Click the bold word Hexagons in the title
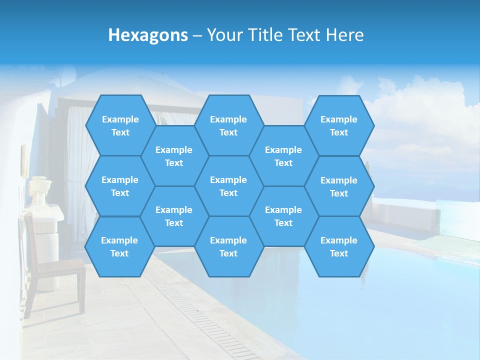pos(148,35)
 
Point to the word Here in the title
pos(344,35)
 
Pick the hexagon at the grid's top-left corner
pos(120,125)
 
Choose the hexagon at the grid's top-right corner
pos(339,125)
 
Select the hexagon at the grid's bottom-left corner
pos(119,246)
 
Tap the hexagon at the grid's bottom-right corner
pos(339,246)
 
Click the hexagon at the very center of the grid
pos(228,186)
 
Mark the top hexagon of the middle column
pos(228,125)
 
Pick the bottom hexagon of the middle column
pos(228,246)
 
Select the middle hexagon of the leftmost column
pos(120,186)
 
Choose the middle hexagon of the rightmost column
pos(339,186)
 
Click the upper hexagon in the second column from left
pos(174,156)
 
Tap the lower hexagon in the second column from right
pos(283,216)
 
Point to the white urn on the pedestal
pos(39,190)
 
